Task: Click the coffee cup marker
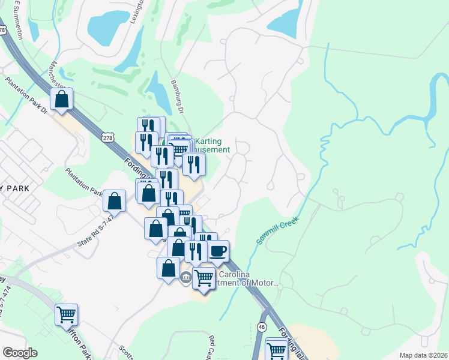218,250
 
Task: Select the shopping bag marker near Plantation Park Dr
62,99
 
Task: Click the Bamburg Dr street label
176,97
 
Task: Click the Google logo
20,353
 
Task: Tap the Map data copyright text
423,355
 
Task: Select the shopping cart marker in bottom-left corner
66,314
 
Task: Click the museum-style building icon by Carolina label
186,277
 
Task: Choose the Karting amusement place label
212,146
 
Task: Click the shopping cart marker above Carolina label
204,278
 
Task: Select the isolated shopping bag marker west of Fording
114,200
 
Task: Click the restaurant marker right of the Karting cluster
193,164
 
